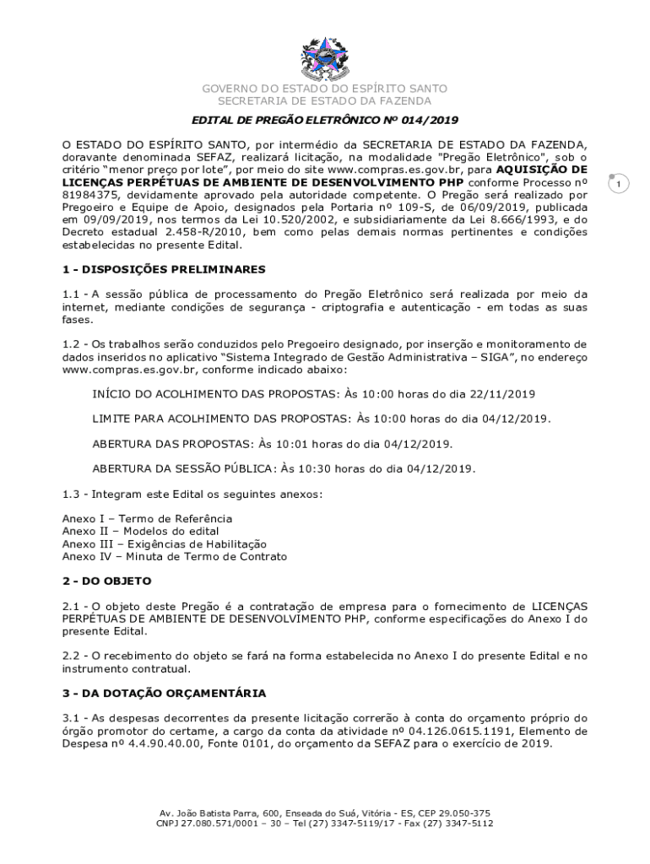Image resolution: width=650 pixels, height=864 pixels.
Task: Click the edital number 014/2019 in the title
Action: [425, 120]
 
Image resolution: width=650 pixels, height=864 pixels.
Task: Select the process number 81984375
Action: [94, 194]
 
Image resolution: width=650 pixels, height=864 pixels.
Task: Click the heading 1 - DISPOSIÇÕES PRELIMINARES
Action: [164, 269]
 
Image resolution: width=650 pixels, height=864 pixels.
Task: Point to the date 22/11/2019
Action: [505, 394]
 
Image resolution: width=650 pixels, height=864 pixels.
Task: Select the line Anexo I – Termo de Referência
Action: [147, 518]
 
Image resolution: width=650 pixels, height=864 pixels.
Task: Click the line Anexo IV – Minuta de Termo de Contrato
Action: [174, 557]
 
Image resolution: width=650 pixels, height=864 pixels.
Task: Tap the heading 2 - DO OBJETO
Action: [106, 581]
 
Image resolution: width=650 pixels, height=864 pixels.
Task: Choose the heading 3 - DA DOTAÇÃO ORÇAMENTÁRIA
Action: [164, 693]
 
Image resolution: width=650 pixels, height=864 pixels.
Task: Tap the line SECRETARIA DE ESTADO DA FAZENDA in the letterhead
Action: [324, 100]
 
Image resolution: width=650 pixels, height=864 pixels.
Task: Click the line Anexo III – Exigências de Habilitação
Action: [164, 544]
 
